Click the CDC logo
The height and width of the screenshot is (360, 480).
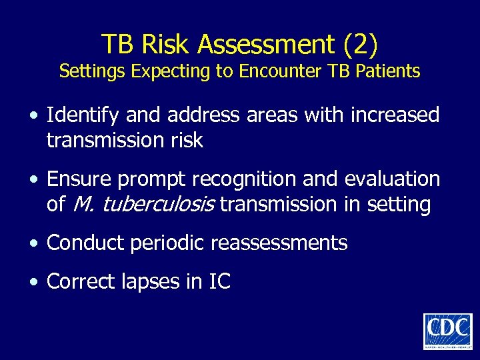(447, 331)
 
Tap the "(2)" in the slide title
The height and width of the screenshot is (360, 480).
(361, 45)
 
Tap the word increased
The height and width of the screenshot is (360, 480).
(398, 116)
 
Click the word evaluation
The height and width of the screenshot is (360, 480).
(392, 179)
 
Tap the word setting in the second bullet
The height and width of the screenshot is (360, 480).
(402, 205)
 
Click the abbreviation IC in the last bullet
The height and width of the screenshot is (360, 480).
(219, 281)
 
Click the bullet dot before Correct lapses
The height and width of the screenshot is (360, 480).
(33, 283)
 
